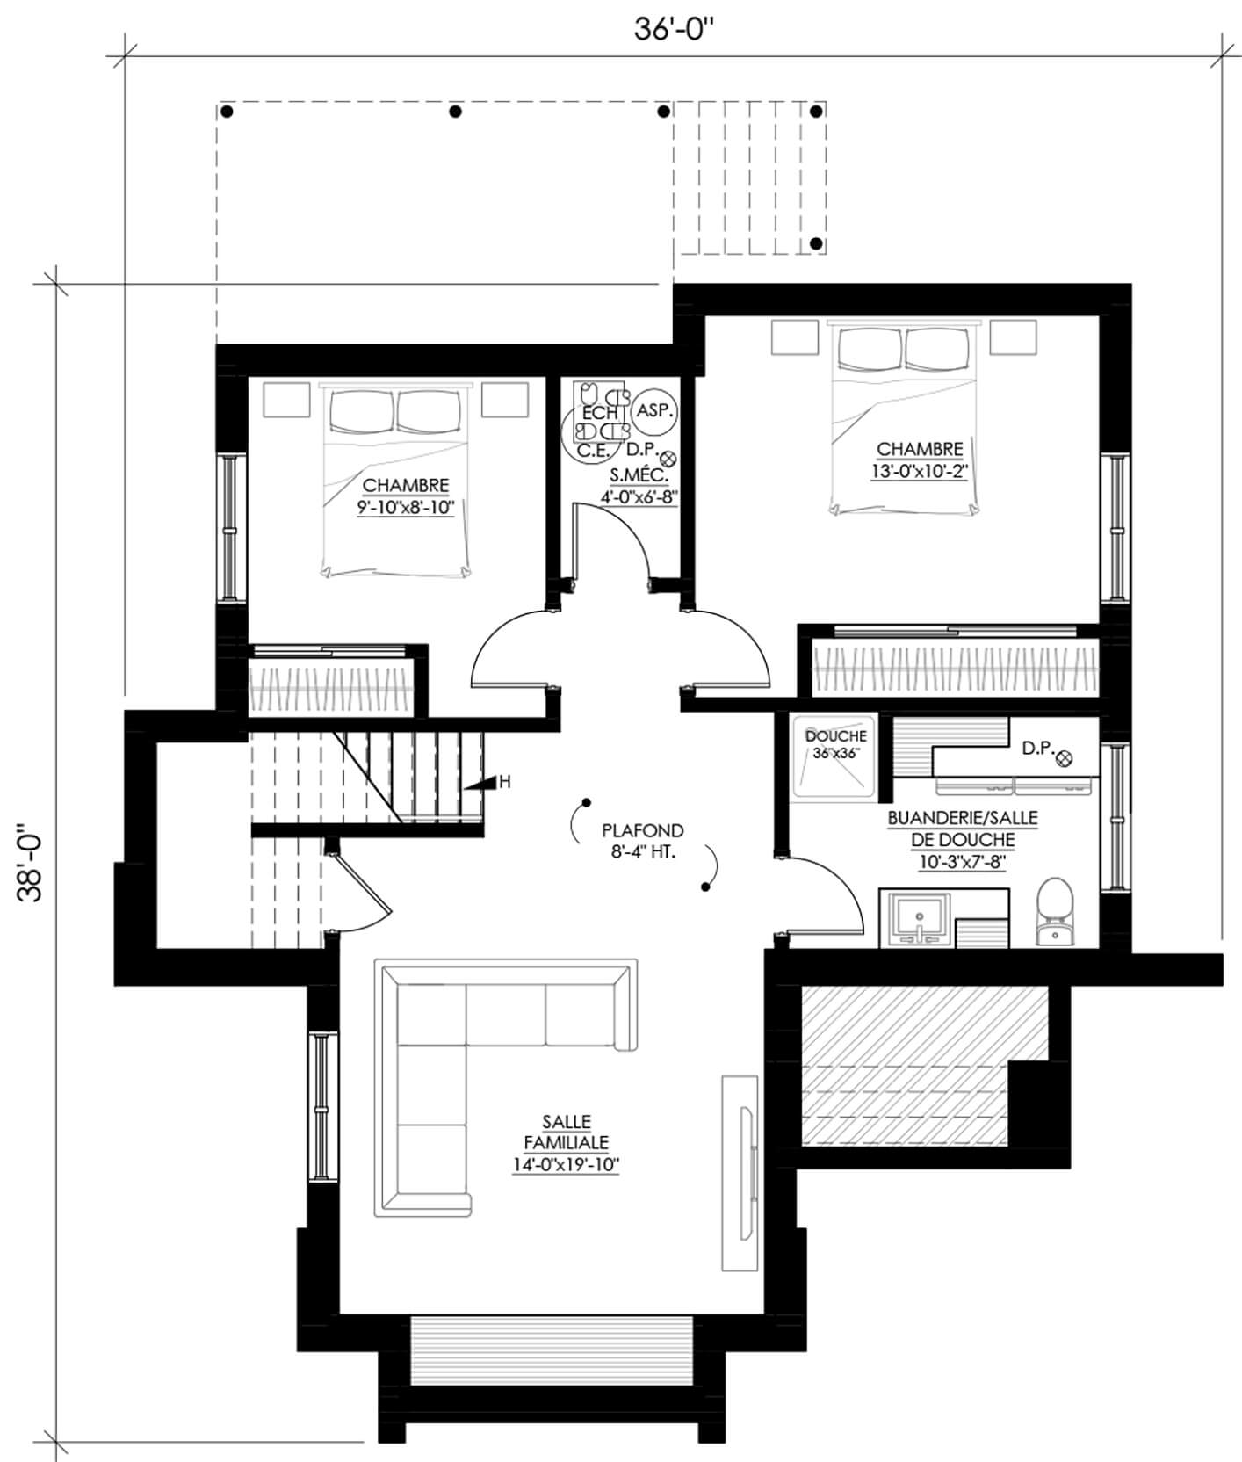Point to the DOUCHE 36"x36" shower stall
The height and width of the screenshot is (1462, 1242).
[x=834, y=756]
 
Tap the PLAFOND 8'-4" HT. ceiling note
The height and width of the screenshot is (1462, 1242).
[x=642, y=841]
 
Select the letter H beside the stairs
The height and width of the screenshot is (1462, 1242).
[x=505, y=781]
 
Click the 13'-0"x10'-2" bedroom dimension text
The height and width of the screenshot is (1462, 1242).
[x=920, y=471]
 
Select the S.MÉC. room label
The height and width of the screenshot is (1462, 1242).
[x=639, y=476]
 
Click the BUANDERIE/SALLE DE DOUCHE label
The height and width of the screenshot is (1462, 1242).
[x=963, y=829]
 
